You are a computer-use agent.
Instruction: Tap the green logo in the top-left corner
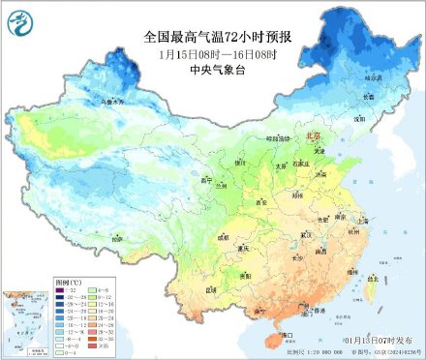point(18,18)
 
